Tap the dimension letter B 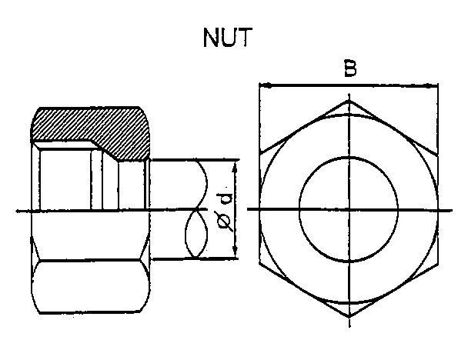point(349,68)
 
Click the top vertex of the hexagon point(349,99)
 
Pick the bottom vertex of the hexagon point(349,317)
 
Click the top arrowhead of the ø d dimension point(235,162)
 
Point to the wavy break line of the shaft point(197,209)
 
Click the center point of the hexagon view point(349,209)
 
